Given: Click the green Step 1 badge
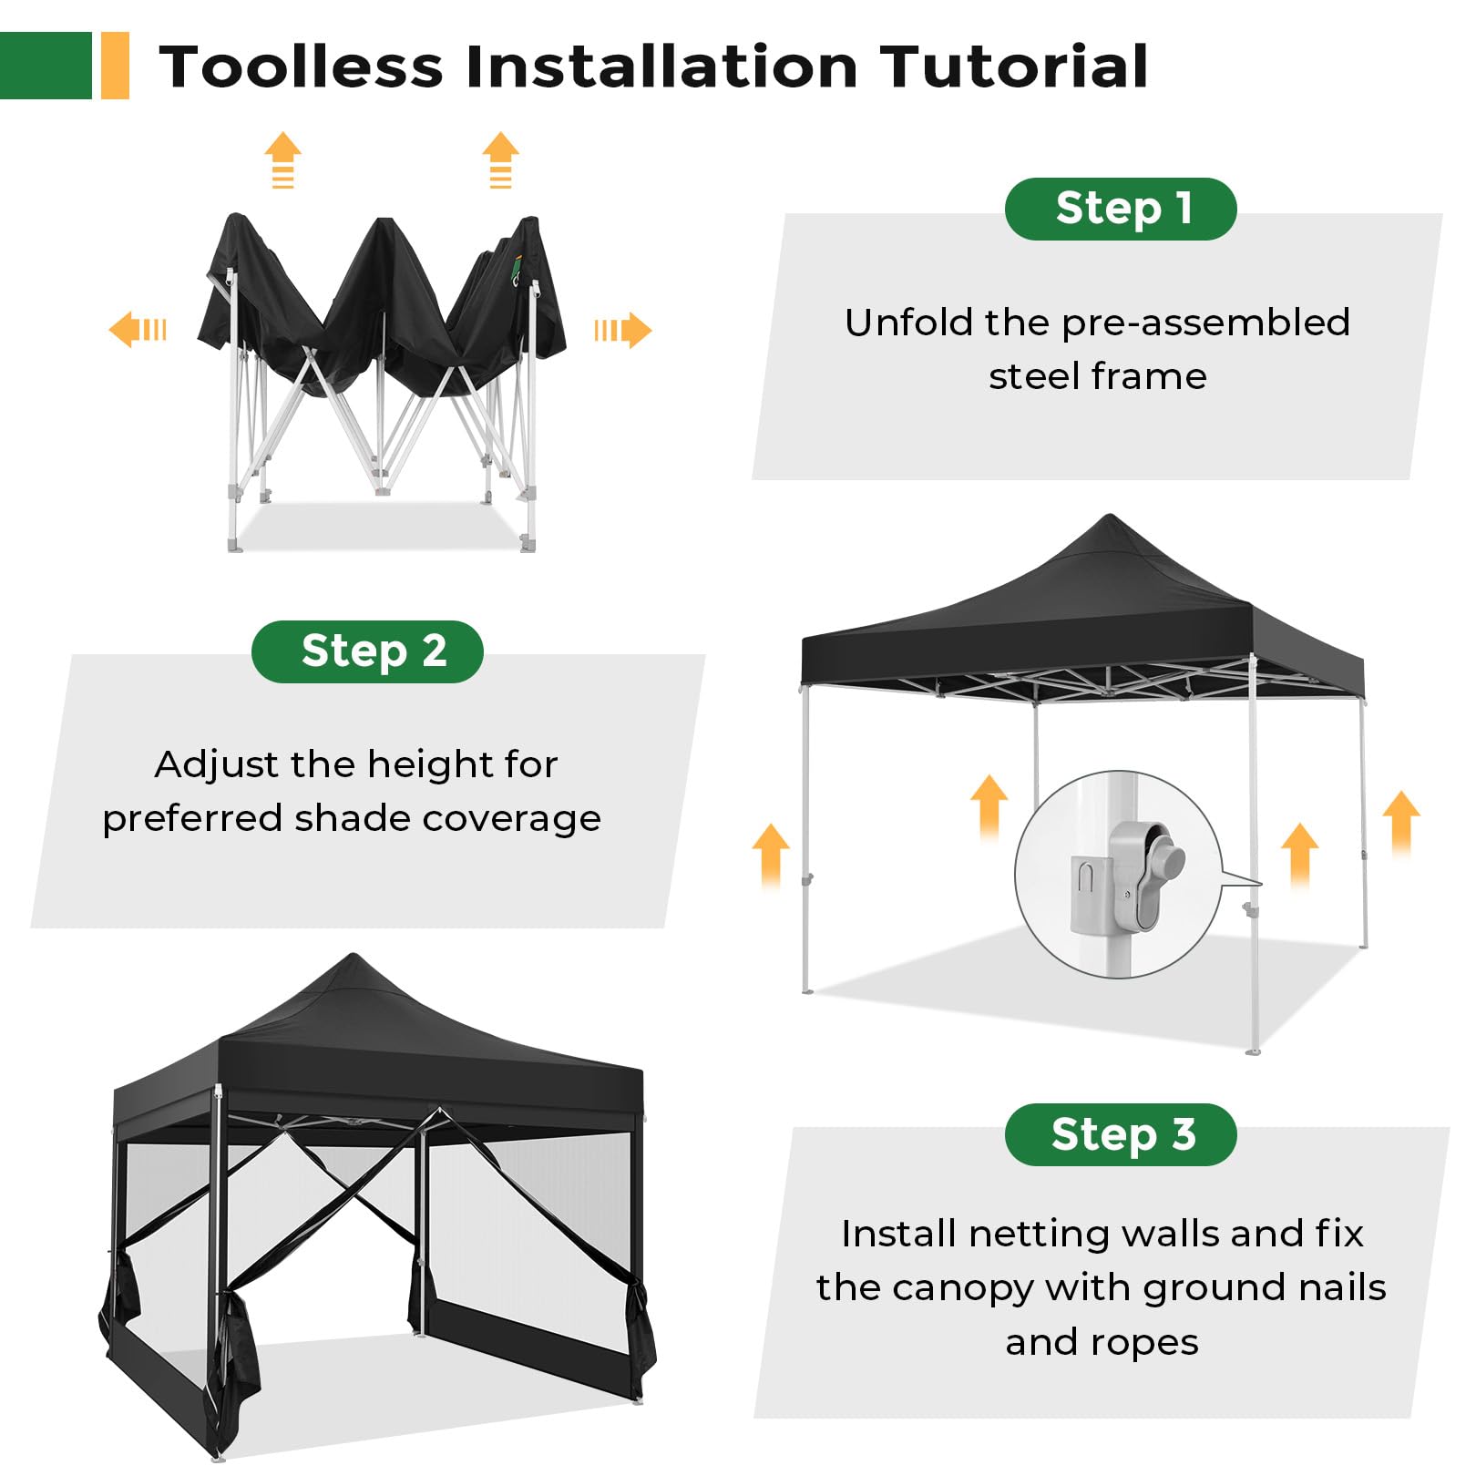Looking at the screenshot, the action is [1121, 209].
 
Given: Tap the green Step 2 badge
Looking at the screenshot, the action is [367, 651].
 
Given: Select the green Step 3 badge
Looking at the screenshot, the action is [1121, 1134].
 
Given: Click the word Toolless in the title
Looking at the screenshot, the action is [302, 67].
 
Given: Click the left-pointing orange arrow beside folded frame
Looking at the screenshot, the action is [138, 329].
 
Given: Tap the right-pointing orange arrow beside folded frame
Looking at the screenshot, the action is [623, 330].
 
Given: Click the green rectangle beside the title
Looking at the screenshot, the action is [46, 66].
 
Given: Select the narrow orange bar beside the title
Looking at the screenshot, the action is [115, 66].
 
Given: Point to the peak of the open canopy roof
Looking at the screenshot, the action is [1110, 517].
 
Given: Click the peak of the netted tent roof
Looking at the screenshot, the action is [354, 956].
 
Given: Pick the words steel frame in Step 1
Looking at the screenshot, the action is [1098, 376].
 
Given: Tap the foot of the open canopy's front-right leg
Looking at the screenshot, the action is [1254, 1051].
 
